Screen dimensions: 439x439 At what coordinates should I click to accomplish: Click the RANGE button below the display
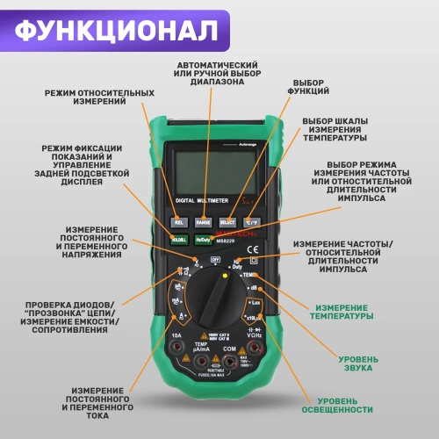204,223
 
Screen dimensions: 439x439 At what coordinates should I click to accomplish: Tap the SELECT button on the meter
227,223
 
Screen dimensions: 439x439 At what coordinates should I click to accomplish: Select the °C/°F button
251,223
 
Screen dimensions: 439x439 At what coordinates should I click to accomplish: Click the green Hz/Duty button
204,239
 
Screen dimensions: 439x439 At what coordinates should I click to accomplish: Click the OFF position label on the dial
214,260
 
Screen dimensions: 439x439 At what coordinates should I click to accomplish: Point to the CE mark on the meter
253,260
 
